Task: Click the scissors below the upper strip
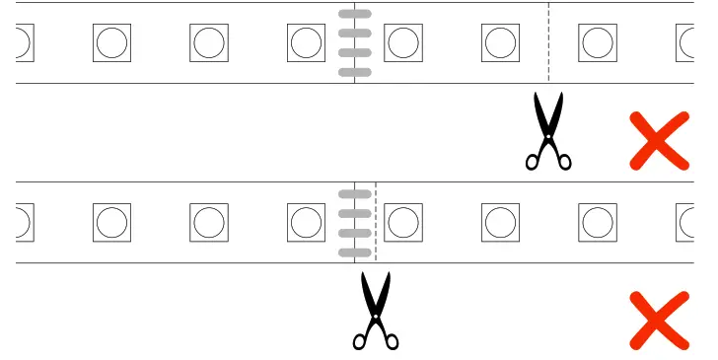coord(548,130)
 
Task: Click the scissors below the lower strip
coord(375,310)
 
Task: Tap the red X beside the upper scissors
coord(659,140)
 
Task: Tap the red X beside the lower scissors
coord(659,320)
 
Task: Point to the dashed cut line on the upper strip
coord(548,42)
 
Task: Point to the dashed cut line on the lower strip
coord(376,222)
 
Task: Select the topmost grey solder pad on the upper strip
coord(355,14)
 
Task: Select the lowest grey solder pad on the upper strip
coord(355,72)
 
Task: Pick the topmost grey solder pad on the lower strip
coord(355,193)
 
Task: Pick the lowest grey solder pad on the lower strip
coord(355,252)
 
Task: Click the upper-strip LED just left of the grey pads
coord(306,42)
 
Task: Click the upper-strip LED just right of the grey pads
coord(403,42)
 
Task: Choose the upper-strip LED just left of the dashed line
coord(500,42)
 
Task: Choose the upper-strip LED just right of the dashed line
coord(598,42)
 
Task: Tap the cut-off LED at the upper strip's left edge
coord(23,42)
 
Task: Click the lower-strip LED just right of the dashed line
coord(403,222)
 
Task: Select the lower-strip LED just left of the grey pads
coord(306,222)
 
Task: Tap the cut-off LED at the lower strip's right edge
coord(686,222)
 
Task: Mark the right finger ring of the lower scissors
coord(392,341)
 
